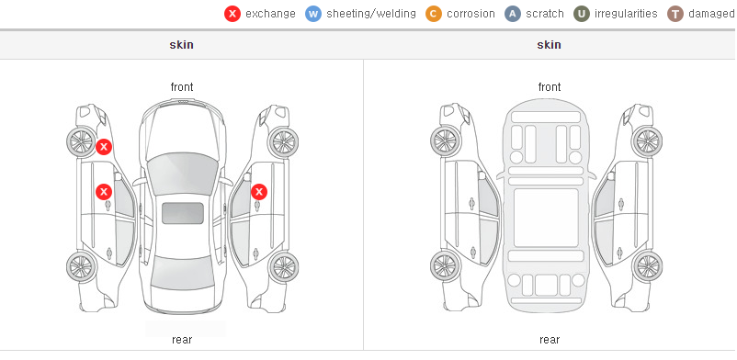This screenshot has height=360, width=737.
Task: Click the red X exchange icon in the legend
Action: (232, 14)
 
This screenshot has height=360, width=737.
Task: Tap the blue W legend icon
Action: (313, 14)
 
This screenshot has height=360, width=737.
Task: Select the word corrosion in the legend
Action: (471, 14)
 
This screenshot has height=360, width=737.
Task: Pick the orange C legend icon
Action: (434, 14)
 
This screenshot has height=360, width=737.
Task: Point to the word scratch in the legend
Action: (545, 14)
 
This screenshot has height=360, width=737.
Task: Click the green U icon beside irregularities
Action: (582, 14)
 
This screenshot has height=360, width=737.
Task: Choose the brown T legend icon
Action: (675, 14)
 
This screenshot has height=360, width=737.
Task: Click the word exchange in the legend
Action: (270, 14)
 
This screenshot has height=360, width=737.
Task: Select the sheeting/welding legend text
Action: (371, 14)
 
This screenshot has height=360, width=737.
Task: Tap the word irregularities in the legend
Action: (626, 14)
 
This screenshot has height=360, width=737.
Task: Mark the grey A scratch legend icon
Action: (513, 14)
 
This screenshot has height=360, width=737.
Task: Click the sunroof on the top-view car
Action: (183, 213)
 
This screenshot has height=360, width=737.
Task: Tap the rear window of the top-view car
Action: (182, 273)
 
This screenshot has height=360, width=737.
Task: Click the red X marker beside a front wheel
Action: (104, 147)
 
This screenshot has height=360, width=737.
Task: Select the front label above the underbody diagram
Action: (550, 87)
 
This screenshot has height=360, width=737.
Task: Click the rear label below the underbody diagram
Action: (550, 340)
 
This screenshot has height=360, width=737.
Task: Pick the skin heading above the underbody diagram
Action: (549, 45)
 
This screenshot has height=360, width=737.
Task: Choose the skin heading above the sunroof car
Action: (181, 45)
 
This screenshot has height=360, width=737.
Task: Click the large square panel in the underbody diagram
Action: (546, 218)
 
